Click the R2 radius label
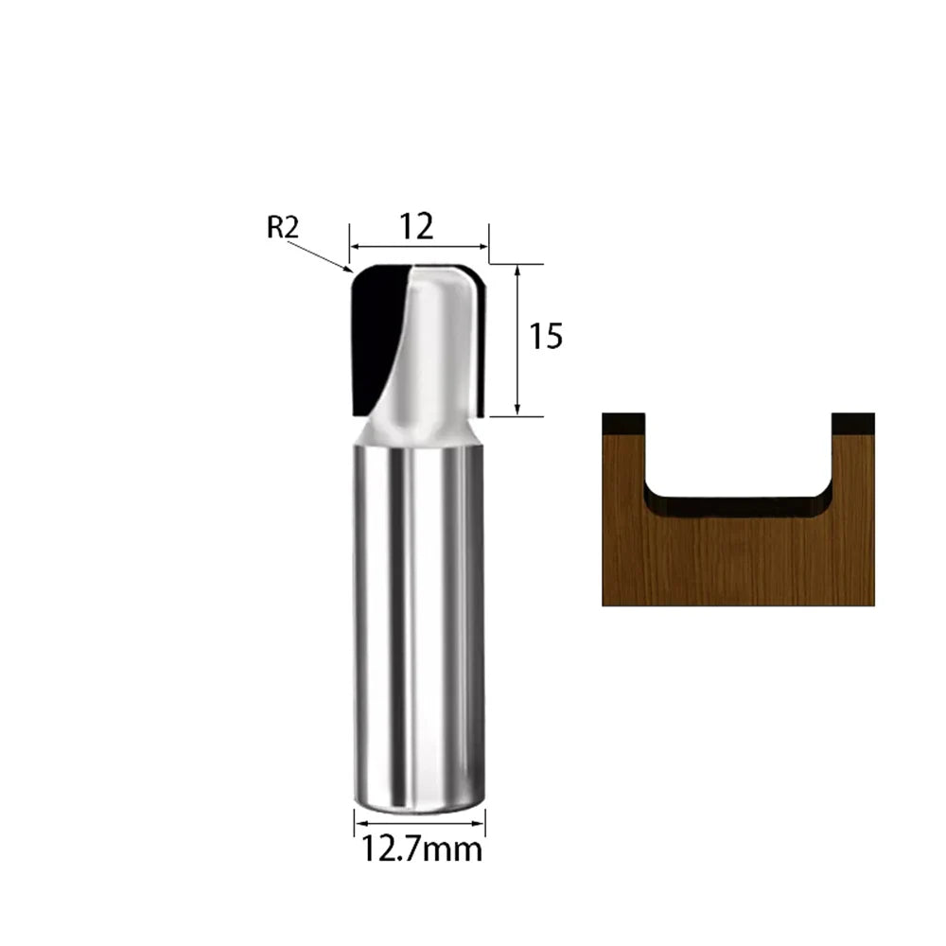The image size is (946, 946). coord(283,227)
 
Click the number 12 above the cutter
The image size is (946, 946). coord(416,227)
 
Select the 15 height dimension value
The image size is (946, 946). coord(546,336)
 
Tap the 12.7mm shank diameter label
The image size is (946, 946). coord(422,850)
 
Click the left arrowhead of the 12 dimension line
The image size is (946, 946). coord(356,247)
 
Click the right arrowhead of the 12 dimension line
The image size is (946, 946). coord(482,247)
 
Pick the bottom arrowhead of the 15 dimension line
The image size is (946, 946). coord(517,410)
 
